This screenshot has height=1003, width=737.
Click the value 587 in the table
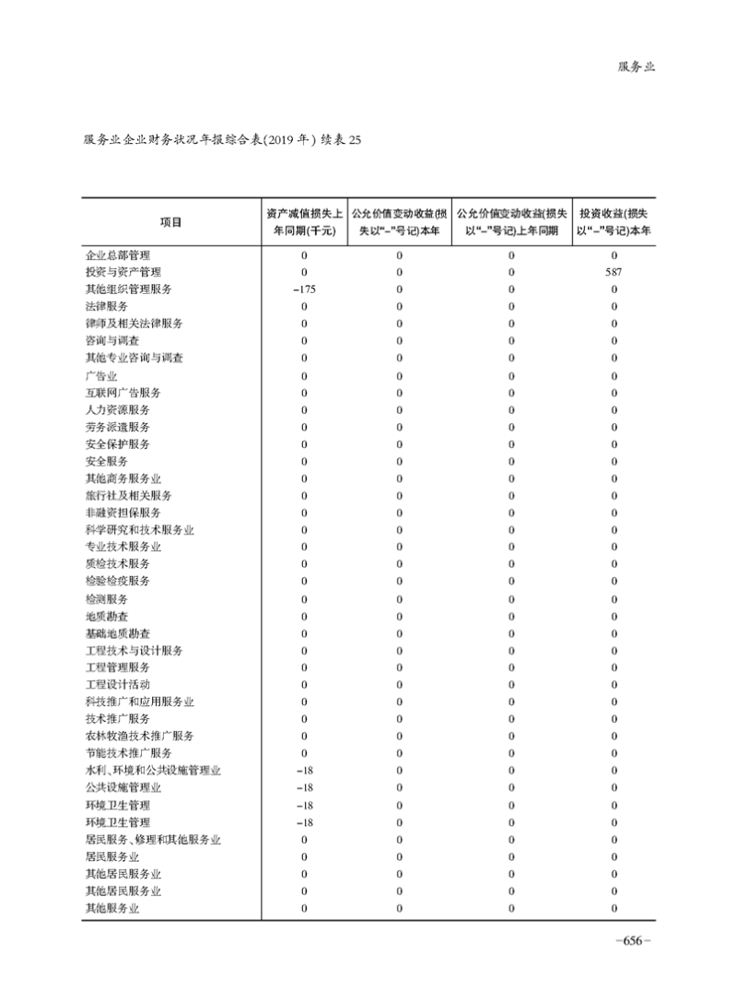pyautogui.click(x=614, y=272)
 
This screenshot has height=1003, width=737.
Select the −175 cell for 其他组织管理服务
pyautogui.click(x=304, y=289)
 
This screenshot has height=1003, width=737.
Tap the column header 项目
pyautogui.click(x=170, y=222)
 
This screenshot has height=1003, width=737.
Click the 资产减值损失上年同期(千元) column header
pyautogui.click(x=304, y=222)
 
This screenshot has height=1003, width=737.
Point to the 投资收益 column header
pyautogui.click(x=614, y=222)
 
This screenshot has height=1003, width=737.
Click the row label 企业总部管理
pyautogui.click(x=117, y=254)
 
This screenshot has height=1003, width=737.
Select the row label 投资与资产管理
pyautogui.click(x=123, y=272)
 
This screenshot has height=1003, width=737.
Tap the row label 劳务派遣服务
pyautogui.click(x=117, y=427)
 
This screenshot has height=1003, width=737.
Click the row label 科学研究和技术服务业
pyautogui.click(x=139, y=530)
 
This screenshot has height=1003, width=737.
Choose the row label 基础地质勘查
pyautogui.click(x=117, y=633)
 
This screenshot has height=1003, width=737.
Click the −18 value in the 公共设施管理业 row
pyautogui.click(x=304, y=788)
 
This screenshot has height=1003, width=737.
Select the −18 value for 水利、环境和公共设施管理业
pyautogui.click(x=304, y=771)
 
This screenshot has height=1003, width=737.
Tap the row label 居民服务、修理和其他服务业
pyautogui.click(x=153, y=840)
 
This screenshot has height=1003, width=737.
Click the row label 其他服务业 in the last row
pyautogui.click(x=111, y=909)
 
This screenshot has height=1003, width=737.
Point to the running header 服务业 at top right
pyautogui.click(x=636, y=67)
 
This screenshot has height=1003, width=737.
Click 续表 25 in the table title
pyautogui.click(x=342, y=141)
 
